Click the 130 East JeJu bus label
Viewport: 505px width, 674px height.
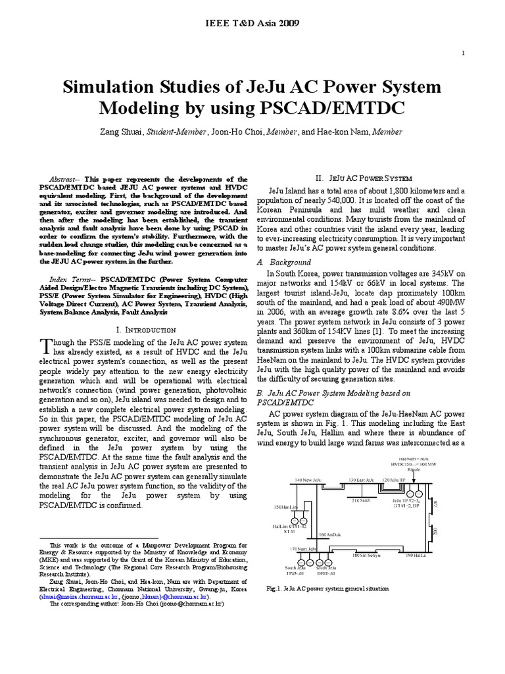[360, 480]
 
